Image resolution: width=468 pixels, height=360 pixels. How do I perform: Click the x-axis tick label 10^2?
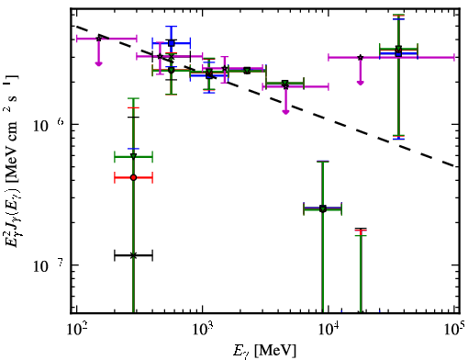tap(76, 329)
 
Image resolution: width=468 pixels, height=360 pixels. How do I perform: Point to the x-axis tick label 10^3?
tap(203, 329)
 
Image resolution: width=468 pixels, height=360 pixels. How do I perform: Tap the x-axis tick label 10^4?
tap(329, 329)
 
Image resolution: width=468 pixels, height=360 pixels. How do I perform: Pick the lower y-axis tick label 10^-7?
tap(49, 265)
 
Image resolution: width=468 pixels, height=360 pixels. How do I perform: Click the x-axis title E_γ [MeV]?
tap(264, 351)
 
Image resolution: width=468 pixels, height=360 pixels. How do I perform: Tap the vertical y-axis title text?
tap(11, 161)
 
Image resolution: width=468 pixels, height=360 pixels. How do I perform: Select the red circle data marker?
tap(133, 177)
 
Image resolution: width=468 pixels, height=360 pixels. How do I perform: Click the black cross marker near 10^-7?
tap(133, 255)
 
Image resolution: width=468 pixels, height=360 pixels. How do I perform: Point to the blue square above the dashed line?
tap(172, 43)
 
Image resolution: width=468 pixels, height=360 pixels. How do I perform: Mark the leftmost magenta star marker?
tap(98, 39)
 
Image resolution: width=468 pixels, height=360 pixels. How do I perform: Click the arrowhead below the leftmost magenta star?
tap(98, 63)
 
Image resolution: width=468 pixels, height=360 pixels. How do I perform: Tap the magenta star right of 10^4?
tap(361, 57)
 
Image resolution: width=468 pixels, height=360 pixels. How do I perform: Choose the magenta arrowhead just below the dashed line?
tap(285, 112)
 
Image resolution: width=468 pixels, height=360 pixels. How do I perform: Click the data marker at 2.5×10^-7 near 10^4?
tap(323, 208)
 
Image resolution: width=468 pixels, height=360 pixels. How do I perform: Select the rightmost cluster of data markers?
tap(398, 51)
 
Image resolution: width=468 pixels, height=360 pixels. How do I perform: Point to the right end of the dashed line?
tap(455, 165)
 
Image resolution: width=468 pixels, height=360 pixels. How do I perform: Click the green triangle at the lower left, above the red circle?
tap(133, 156)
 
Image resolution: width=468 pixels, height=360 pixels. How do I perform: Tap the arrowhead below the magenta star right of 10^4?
tap(361, 83)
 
